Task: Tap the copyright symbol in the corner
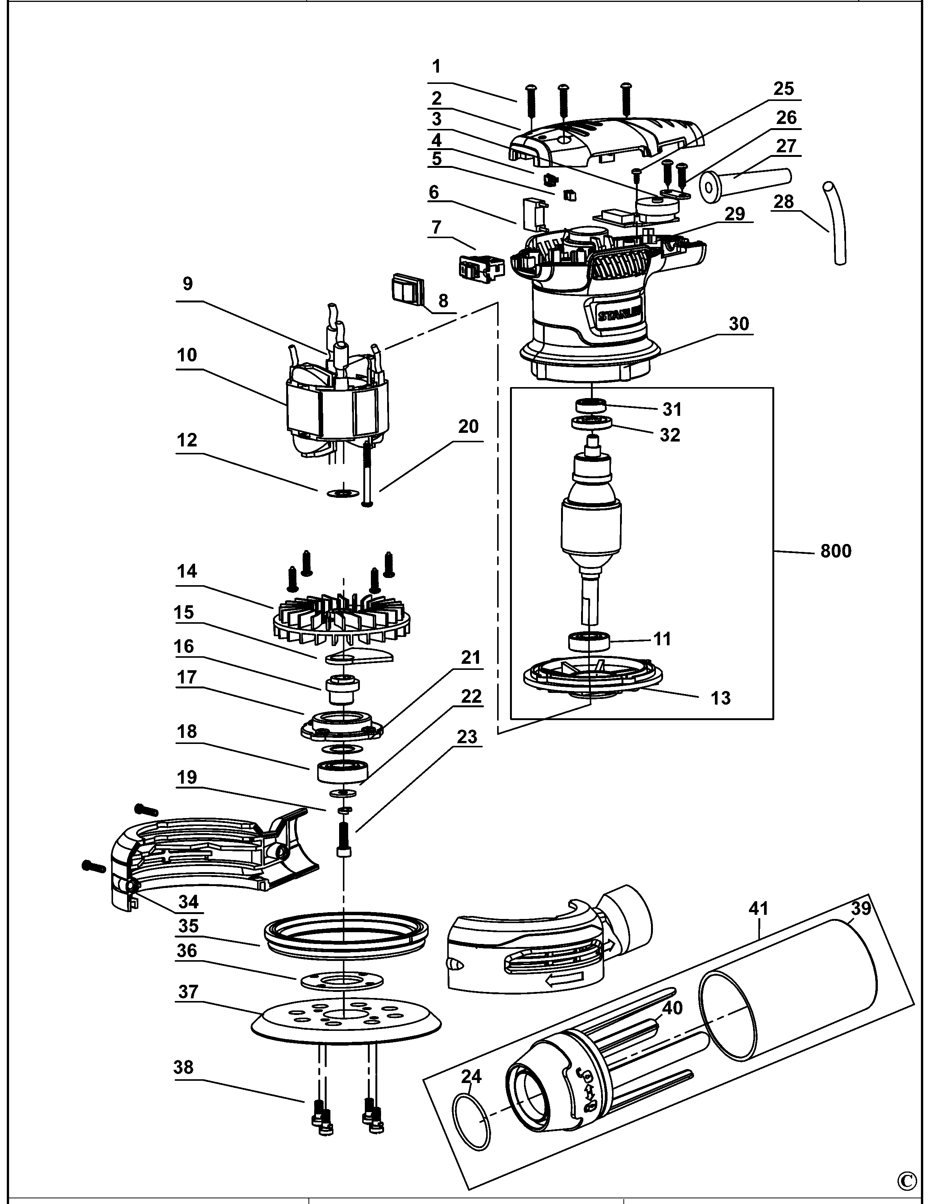click(907, 1181)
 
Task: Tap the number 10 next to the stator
click(187, 355)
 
